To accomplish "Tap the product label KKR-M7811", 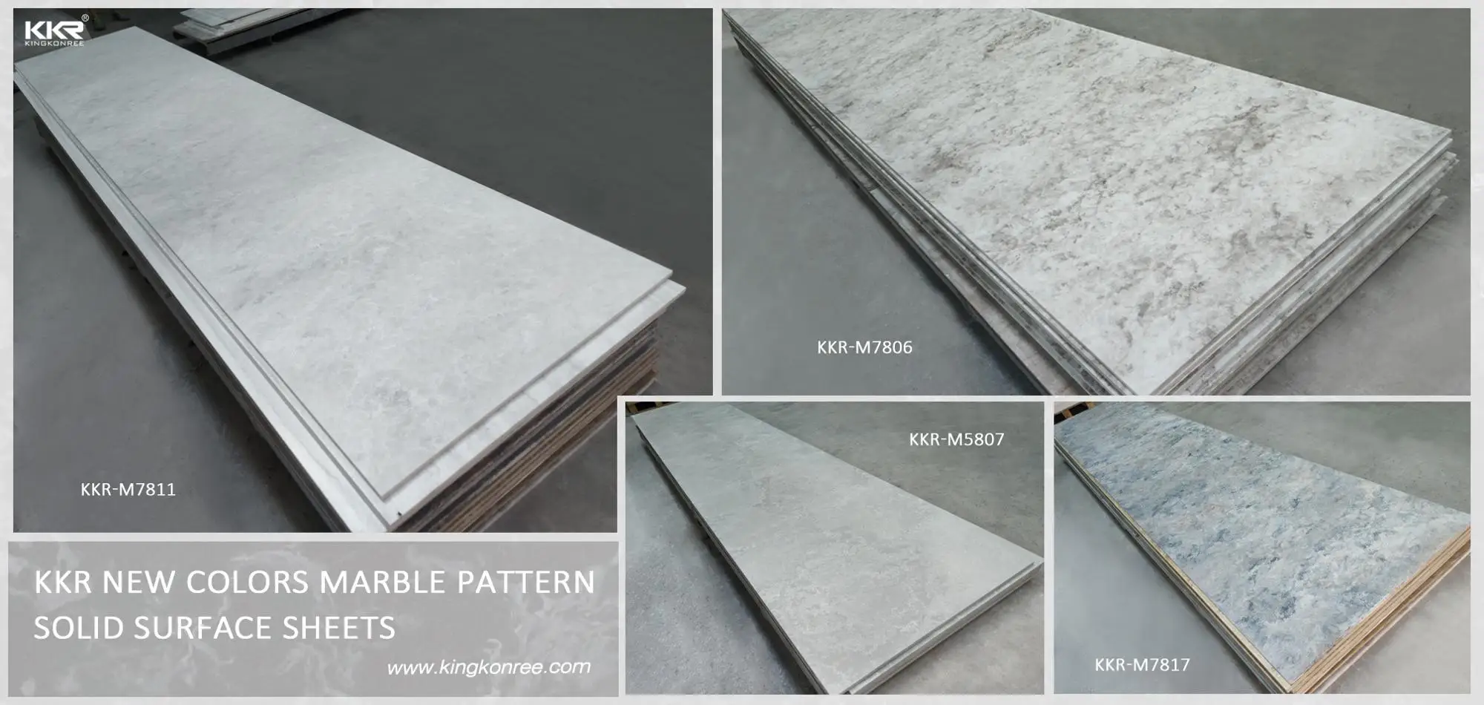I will click(x=128, y=490).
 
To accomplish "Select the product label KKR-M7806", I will click(x=864, y=347).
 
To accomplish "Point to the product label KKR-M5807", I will click(x=956, y=439).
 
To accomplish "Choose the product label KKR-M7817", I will click(x=1142, y=665).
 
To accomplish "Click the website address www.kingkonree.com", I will click(x=489, y=667).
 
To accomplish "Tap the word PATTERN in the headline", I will click(x=525, y=583).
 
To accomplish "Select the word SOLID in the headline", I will click(x=79, y=628).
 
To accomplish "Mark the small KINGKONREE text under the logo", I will click(x=53, y=43).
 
